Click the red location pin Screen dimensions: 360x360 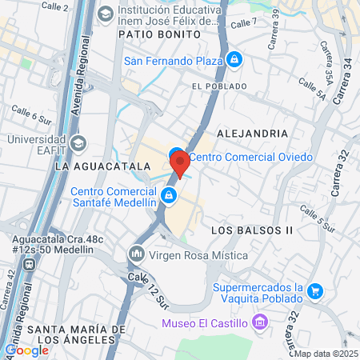point(180,162)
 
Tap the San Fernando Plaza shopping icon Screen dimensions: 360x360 point(234,58)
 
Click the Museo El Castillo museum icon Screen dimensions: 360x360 point(258,323)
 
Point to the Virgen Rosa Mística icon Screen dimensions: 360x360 point(136,255)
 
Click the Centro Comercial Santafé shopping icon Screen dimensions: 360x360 point(169,195)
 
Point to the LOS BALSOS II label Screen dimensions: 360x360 point(252,230)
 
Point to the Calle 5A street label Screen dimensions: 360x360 point(312,88)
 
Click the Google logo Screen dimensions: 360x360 point(26,350)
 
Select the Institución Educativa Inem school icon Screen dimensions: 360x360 point(105,14)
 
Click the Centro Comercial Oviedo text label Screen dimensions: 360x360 point(250,157)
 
